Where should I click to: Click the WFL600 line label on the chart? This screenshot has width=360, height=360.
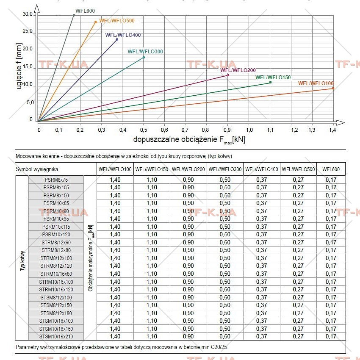click(85, 11)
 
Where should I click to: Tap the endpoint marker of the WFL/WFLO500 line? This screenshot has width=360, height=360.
click(96, 22)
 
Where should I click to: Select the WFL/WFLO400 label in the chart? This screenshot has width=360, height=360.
click(123, 35)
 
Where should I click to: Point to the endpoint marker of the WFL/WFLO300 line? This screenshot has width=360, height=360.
click(144, 58)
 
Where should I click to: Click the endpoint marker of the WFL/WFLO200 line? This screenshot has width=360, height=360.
click(228, 75)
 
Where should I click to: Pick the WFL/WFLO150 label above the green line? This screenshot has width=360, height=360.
click(273, 78)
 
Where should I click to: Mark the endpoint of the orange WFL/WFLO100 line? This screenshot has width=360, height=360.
click(333, 88)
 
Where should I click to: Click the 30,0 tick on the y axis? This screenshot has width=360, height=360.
click(28, 14)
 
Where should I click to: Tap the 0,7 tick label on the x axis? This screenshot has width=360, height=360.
click(185, 130)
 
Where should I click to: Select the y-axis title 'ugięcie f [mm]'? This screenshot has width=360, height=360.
click(19, 66)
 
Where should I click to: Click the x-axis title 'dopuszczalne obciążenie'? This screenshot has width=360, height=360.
click(175, 139)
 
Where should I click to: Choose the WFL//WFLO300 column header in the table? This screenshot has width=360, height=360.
click(225, 169)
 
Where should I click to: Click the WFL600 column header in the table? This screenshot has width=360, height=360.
click(331, 169)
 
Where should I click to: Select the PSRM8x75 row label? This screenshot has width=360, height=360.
click(56, 180)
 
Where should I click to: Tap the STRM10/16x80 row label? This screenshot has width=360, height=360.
click(56, 274)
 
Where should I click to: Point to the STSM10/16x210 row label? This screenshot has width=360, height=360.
click(56, 337)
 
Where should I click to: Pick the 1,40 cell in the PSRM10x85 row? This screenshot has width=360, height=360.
click(115, 203)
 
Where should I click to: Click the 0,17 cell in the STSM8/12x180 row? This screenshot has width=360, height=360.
click(331, 313)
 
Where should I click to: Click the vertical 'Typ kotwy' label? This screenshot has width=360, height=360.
click(22, 261)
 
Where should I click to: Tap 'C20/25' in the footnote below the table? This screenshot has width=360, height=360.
click(219, 347)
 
